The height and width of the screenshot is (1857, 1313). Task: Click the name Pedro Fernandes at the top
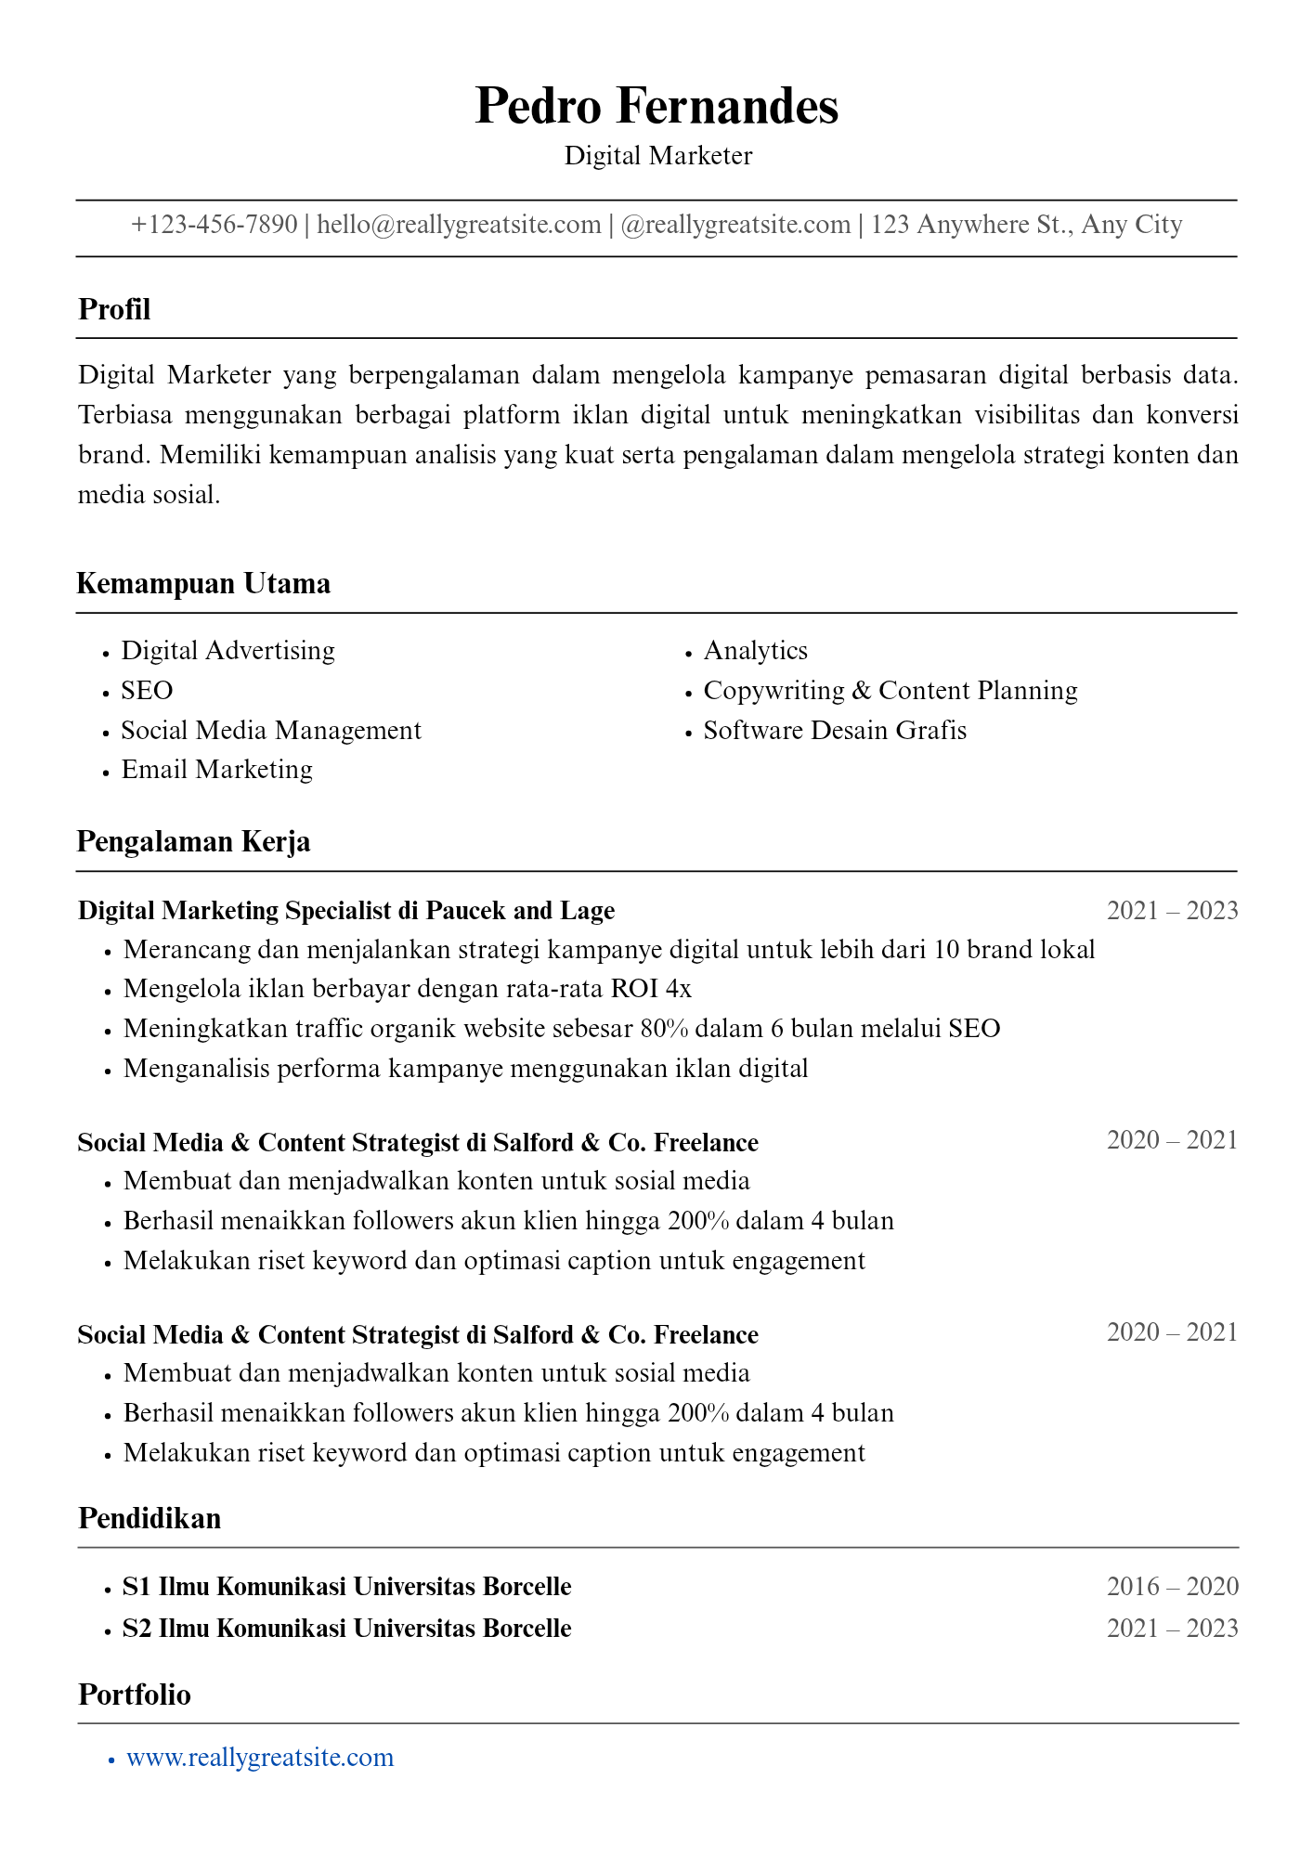pyautogui.click(x=656, y=106)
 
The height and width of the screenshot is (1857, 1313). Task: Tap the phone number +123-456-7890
pyautogui.click(x=214, y=225)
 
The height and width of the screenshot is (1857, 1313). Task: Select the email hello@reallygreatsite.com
pyautogui.click(x=459, y=225)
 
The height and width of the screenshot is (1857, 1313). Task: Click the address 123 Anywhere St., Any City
pyautogui.click(x=1026, y=225)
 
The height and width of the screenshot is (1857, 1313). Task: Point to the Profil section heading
pyautogui.click(x=114, y=309)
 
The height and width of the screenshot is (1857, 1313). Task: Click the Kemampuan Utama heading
pyautogui.click(x=203, y=584)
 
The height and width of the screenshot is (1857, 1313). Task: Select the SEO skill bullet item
pyautogui.click(x=147, y=691)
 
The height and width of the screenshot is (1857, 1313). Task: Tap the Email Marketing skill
pyautogui.click(x=216, y=770)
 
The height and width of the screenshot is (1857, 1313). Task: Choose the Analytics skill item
pyautogui.click(x=755, y=651)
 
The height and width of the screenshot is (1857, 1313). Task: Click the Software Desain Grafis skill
pyautogui.click(x=835, y=731)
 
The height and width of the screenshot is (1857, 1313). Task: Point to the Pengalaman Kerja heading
pyautogui.click(x=193, y=842)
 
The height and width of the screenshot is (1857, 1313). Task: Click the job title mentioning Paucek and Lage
pyautogui.click(x=346, y=911)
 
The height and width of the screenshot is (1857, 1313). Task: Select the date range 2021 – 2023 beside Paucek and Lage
pyautogui.click(x=1172, y=911)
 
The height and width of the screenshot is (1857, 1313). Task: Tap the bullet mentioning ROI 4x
pyautogui.click(x=408, y=989)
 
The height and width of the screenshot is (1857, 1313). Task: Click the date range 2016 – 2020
pyautogui.click(x=1172, y=1587)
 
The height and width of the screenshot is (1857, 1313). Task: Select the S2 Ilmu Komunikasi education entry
pyautogui.click(x=346, y=1629)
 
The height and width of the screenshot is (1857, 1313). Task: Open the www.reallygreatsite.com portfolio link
pyautogui.click(x=260, y=1758)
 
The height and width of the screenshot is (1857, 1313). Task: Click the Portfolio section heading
pyautogui.click(x=135, y=1695)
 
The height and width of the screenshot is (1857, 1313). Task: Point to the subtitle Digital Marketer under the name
pyautogui.click(x=657, y=156)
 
